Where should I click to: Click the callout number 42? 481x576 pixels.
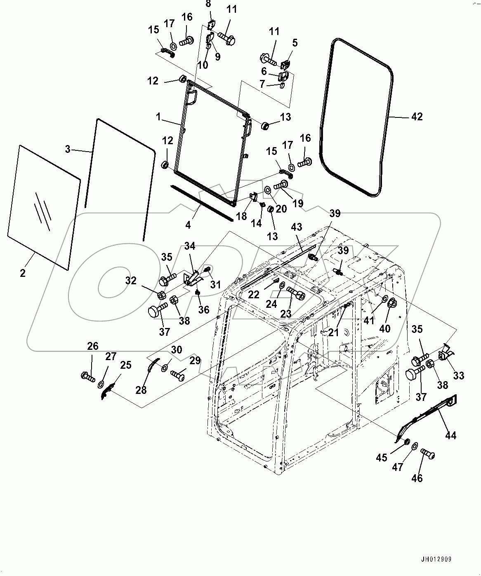[x=417, y=117]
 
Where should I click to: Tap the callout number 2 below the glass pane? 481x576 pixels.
[x=22, y=273]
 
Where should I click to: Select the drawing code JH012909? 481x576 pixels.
[x=436, y=560]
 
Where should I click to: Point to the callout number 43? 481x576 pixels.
[x=297, y=227]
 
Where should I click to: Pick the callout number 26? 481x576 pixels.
[x=93, y=346]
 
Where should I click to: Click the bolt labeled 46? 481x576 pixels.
[x=428, y=455]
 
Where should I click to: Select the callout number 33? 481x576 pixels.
[x=459, y=375]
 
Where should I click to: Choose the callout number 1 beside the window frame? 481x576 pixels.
[x=158, y=117]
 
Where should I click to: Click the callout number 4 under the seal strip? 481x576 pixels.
[x=188, y=225]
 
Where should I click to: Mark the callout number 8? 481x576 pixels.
[x=208, y=4]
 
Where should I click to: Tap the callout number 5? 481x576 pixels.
[x=295, y=42]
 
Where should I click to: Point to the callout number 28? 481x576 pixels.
[x=141, y=390]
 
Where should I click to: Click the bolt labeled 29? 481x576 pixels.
[x=177, y=375]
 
